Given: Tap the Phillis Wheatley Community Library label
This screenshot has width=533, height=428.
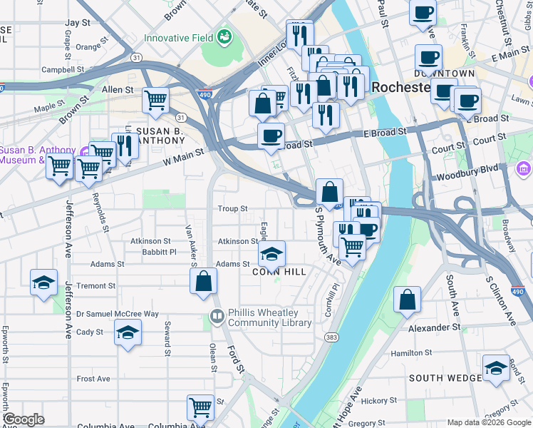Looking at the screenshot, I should pyautogui.click(x=269, y=317).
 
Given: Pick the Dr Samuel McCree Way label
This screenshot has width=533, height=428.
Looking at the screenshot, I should pyautogui.click(x=118, y=314).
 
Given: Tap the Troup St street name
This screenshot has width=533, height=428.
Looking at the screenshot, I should pyautogui.click(x=232, y=209).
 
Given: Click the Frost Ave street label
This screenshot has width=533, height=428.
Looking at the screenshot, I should pyautogui.click(x=93, y=379).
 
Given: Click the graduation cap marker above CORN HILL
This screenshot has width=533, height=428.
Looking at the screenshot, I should pyautogui.click(x=271, y=253).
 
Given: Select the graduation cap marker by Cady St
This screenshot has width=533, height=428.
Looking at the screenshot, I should pyautogui.click(x=128, y=332).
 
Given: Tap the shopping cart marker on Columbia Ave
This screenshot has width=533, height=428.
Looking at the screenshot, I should pyautogui.click(x=200, y=407).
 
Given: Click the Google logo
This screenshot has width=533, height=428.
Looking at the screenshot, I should pyautogui.click(x=24, y=419).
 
